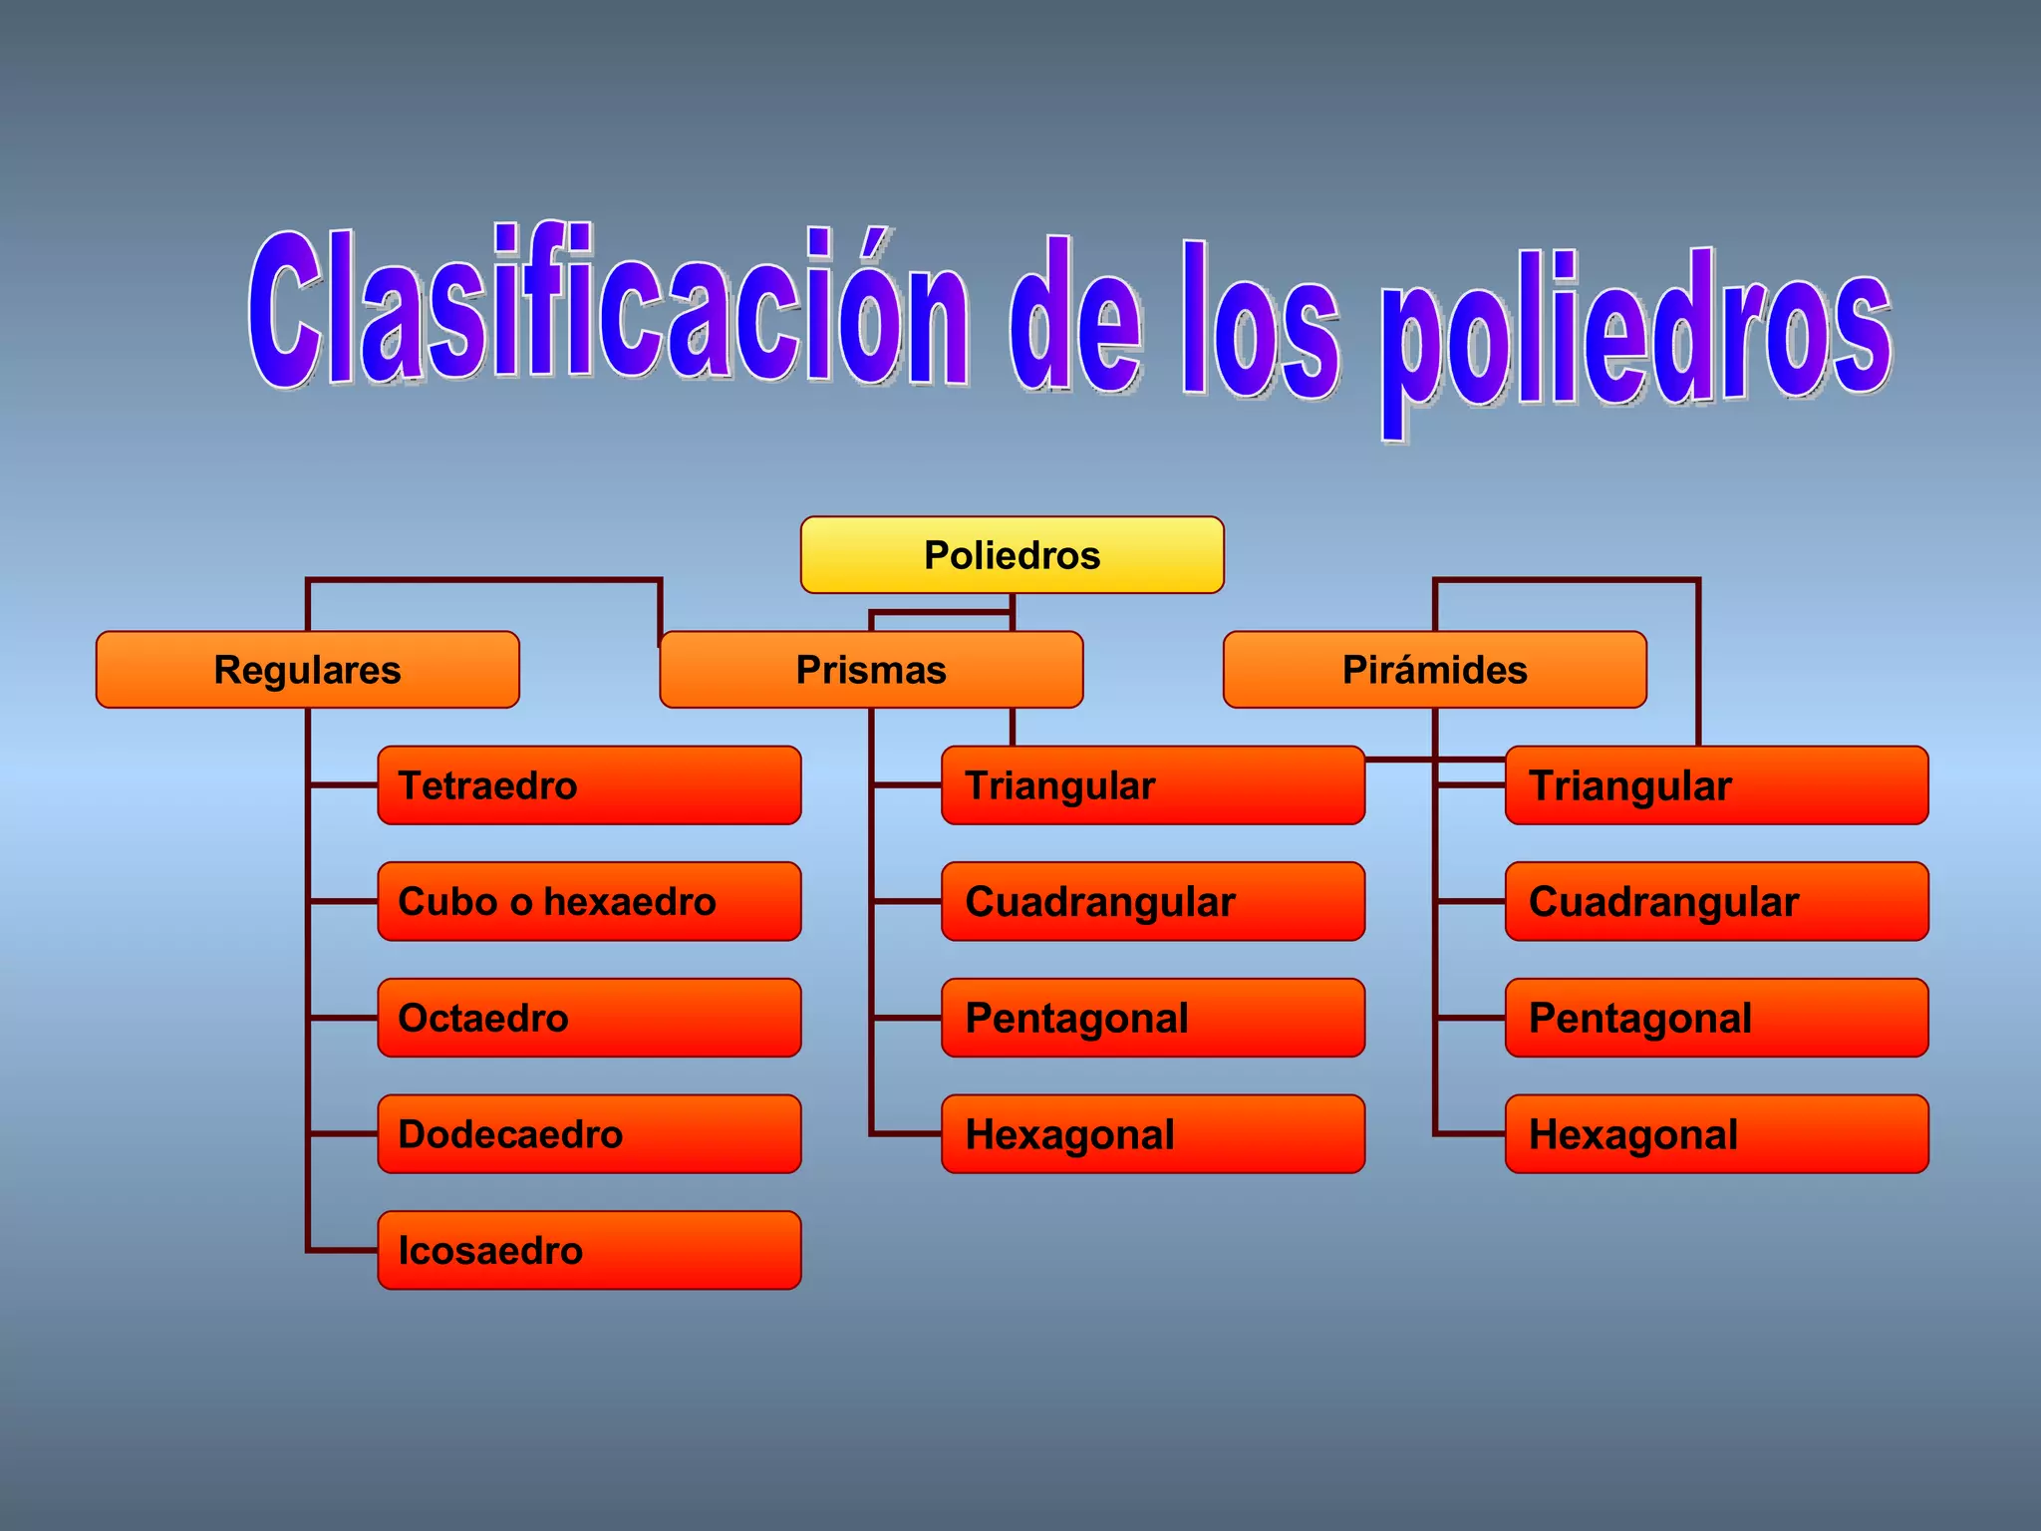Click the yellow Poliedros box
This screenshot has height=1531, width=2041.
tap(1012, 555)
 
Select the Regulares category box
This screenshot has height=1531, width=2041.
tap(307, 670)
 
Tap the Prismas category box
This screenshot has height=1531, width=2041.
tap(871, 670)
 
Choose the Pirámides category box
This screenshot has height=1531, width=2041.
tap(1434, 670)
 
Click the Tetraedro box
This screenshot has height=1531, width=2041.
tap(589, 785)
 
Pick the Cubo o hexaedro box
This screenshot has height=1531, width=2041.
tap(589, 901)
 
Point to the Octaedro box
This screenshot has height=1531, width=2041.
tap(589, 1018)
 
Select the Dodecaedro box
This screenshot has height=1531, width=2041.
tap(589, 1134)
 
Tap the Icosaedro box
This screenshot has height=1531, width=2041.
tap(589, 1250)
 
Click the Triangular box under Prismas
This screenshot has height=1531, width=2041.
tap(1152, 785)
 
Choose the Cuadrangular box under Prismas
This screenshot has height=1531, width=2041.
tap(1152, 901)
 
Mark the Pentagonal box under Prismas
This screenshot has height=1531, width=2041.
tap(1152, 1018)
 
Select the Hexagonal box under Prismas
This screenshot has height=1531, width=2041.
tap(1152, 1134)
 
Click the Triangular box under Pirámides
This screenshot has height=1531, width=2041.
tap(1716, 785)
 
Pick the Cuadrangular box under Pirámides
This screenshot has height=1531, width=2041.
tap(1716, 901)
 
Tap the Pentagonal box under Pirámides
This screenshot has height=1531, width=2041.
tap(1716, 1018)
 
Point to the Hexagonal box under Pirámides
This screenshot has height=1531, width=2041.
tap(1716, 1134)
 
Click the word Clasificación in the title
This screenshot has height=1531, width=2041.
tap(608, 309)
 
